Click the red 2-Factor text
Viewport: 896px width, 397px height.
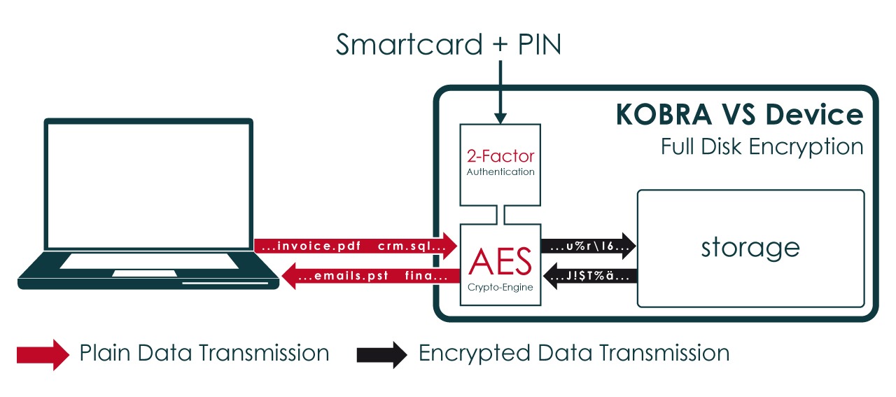[x=500, y=155]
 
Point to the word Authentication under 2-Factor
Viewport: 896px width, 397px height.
[x=500, y=172]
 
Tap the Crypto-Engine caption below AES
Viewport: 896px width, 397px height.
[x=500, y=288]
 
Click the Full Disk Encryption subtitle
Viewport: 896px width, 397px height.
[x=762, y=146]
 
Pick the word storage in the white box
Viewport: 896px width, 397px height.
[x=750, y=247]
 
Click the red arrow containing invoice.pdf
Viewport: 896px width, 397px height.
[x=356, y=246]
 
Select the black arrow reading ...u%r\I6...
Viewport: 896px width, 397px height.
[x=588, y=246]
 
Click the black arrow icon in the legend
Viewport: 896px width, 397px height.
[x=381, y=354]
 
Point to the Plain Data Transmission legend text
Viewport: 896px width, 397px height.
[x=204, y=353]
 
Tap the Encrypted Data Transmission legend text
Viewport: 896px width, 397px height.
[x=573, y=353]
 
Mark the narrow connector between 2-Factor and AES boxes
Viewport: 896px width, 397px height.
[x=500, y=215]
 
